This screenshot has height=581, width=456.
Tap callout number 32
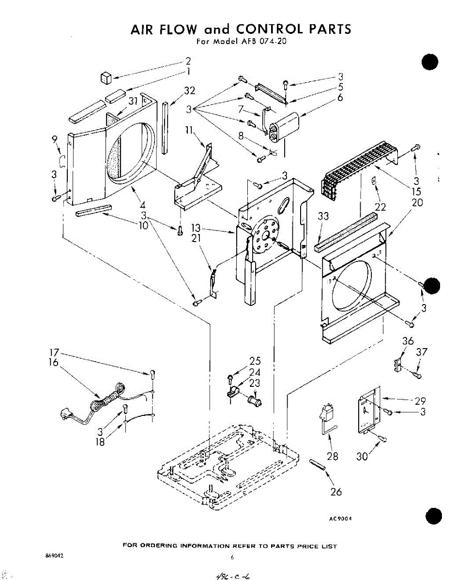[190, 90]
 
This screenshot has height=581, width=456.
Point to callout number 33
[323, 216]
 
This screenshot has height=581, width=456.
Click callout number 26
[336, 492]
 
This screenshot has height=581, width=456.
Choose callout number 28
[333, 456]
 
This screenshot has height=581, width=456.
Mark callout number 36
[408, 341]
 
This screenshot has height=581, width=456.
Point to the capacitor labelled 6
[286, 125]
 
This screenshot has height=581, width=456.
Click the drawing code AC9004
[339, 518]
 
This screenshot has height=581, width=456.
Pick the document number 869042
[54, 556]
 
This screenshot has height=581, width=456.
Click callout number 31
[133, 101]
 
